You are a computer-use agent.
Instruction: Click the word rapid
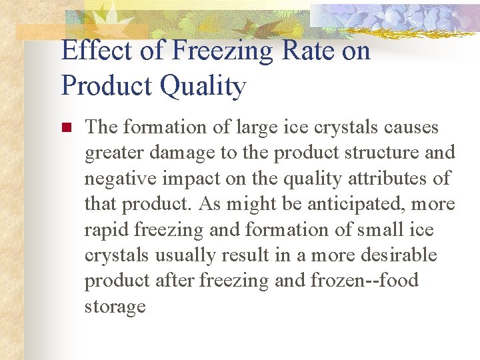107,229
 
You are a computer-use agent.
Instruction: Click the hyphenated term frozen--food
365,281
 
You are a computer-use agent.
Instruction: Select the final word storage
115,307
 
